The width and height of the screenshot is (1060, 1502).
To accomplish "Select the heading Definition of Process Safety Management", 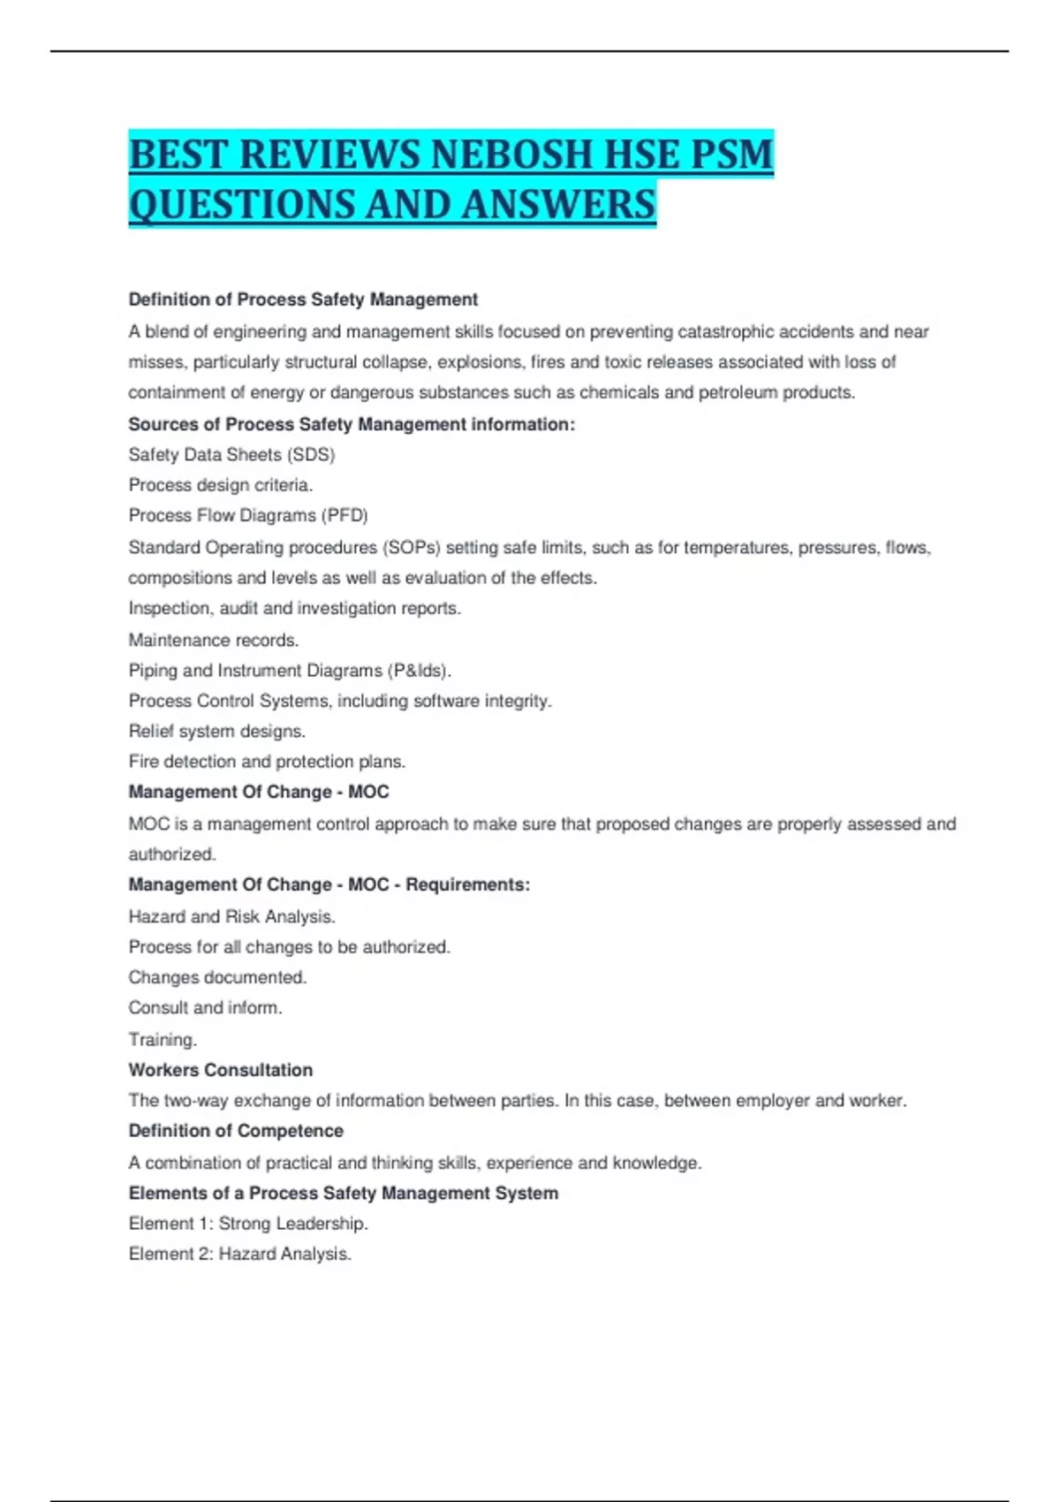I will (303, 300).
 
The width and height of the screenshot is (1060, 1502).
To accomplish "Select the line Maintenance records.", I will (214, 640).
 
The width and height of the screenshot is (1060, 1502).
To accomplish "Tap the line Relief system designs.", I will (217, 732).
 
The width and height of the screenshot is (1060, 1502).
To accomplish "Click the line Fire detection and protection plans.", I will (267, 762).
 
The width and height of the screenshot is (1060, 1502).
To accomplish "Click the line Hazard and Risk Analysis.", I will (231, 917).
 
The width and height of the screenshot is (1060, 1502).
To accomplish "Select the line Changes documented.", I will (217, 978).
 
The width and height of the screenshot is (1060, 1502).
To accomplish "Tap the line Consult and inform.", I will (205, 1008).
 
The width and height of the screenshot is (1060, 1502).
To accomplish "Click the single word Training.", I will (163, 1040).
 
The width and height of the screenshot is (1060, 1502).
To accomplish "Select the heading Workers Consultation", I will (221, 1070).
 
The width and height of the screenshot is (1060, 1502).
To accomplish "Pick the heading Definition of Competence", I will (236, 1131).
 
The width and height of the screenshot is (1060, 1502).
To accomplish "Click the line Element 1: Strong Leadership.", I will (248, 1224).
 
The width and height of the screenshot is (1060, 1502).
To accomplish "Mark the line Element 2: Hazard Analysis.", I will (240, 1255).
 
